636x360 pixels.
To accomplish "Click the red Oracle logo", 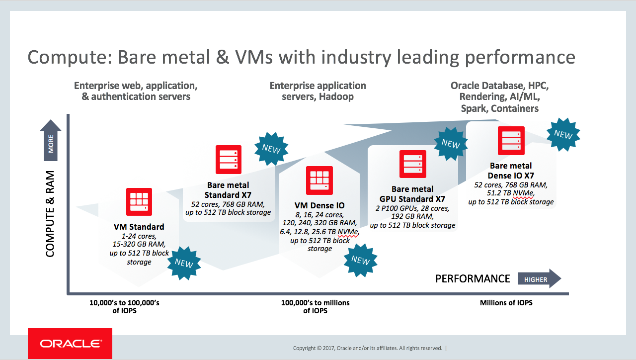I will [70, 344].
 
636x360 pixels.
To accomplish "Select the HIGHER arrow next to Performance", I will [539, 279].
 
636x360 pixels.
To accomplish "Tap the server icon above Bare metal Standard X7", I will [229, 159].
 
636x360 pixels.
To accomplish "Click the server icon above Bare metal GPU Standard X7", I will [413, 164].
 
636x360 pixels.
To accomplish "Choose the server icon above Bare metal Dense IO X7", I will [511, 141].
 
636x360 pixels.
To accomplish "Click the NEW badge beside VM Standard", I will [184, 263].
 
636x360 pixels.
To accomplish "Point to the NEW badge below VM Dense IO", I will [360, 260].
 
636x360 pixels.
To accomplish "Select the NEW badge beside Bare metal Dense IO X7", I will [563, 134].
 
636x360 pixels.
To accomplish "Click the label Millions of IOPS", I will [506, 303].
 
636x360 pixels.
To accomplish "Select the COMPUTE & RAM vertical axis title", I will [50, 214].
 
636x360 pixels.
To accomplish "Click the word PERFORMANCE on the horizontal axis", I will [473, 279].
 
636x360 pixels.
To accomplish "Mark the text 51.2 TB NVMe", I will [511, 193].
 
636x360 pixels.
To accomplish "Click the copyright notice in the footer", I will [368, 348].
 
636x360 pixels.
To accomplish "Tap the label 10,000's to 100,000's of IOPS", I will [124, 306].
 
